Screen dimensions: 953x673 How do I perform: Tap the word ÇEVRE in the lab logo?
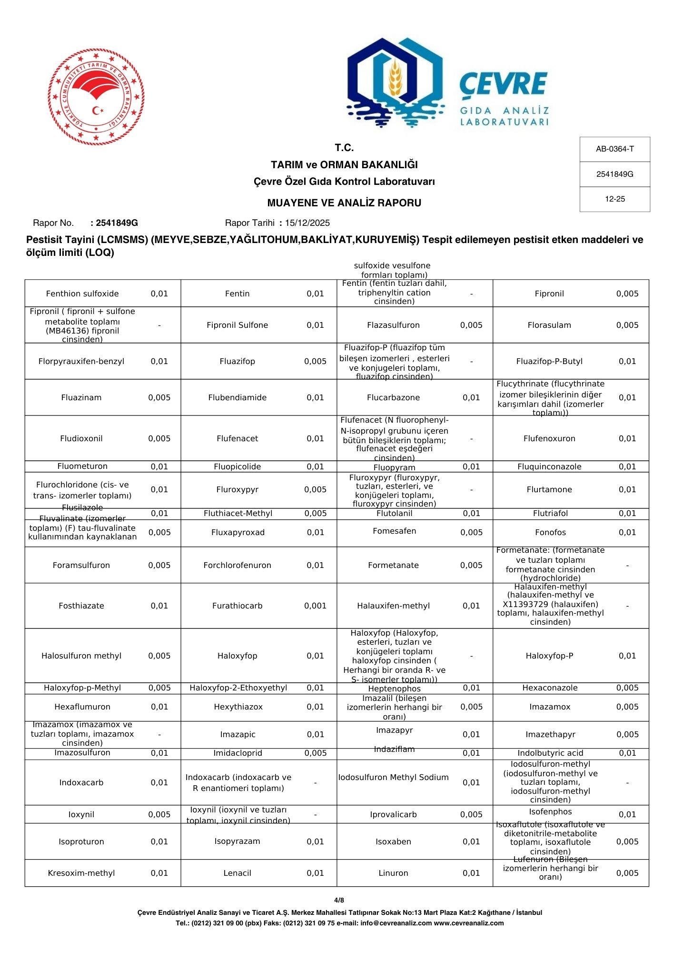[x=503, y=84]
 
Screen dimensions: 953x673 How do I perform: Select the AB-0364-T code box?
[x=614, y=149]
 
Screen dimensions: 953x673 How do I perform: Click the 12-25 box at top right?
[x=614, y=199]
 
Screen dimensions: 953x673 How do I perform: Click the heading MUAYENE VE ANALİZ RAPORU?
[x=344, y=203]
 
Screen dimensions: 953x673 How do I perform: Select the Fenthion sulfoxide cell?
[x=82, y=294]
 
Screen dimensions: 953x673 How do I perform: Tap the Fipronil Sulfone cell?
[x=237, y=325]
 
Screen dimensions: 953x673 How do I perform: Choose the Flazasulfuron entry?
[x=393, y=325]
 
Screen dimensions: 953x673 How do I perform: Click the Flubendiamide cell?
[x=237, y=397]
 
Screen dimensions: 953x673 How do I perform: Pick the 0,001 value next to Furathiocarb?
[x=315, y=606]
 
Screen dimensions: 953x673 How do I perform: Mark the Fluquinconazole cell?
[x=549, y=466]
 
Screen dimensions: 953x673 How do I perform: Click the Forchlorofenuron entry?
[x=237, y=565]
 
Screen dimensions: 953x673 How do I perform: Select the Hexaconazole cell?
[x=549, y=688]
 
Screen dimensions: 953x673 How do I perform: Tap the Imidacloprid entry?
[x=237, y=753]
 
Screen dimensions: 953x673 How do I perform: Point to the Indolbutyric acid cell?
[x=549, y=753]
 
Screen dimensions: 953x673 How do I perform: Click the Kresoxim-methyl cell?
[x=81, y=873]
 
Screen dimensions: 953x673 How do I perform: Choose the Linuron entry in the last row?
[x=393, y=873]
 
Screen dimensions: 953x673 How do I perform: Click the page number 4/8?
[x=339, y=900]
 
